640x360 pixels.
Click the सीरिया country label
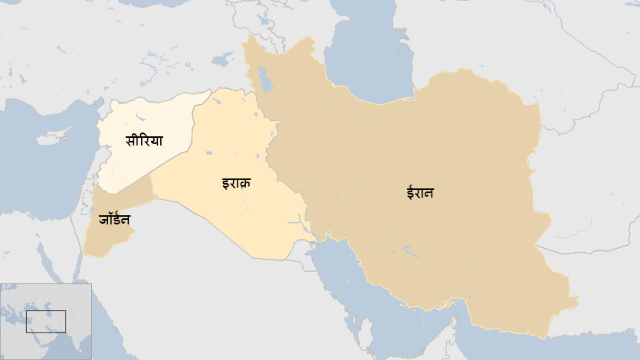pos(144,140)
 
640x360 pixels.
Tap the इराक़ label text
pos(236,183)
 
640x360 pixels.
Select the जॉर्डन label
pos(114,220)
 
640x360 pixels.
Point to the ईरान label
pos(420,193)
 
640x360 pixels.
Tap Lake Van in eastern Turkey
pos(222,60)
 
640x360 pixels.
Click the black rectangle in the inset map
pos(46,322)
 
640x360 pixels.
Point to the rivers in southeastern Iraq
pos(300,224)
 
